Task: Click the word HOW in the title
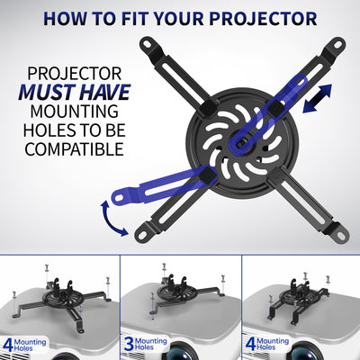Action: (x=66, y=18)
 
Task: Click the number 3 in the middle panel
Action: (x=130, y=342)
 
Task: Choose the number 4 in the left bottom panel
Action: (x=8, y=342)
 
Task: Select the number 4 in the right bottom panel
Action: (x=249, y=342)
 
